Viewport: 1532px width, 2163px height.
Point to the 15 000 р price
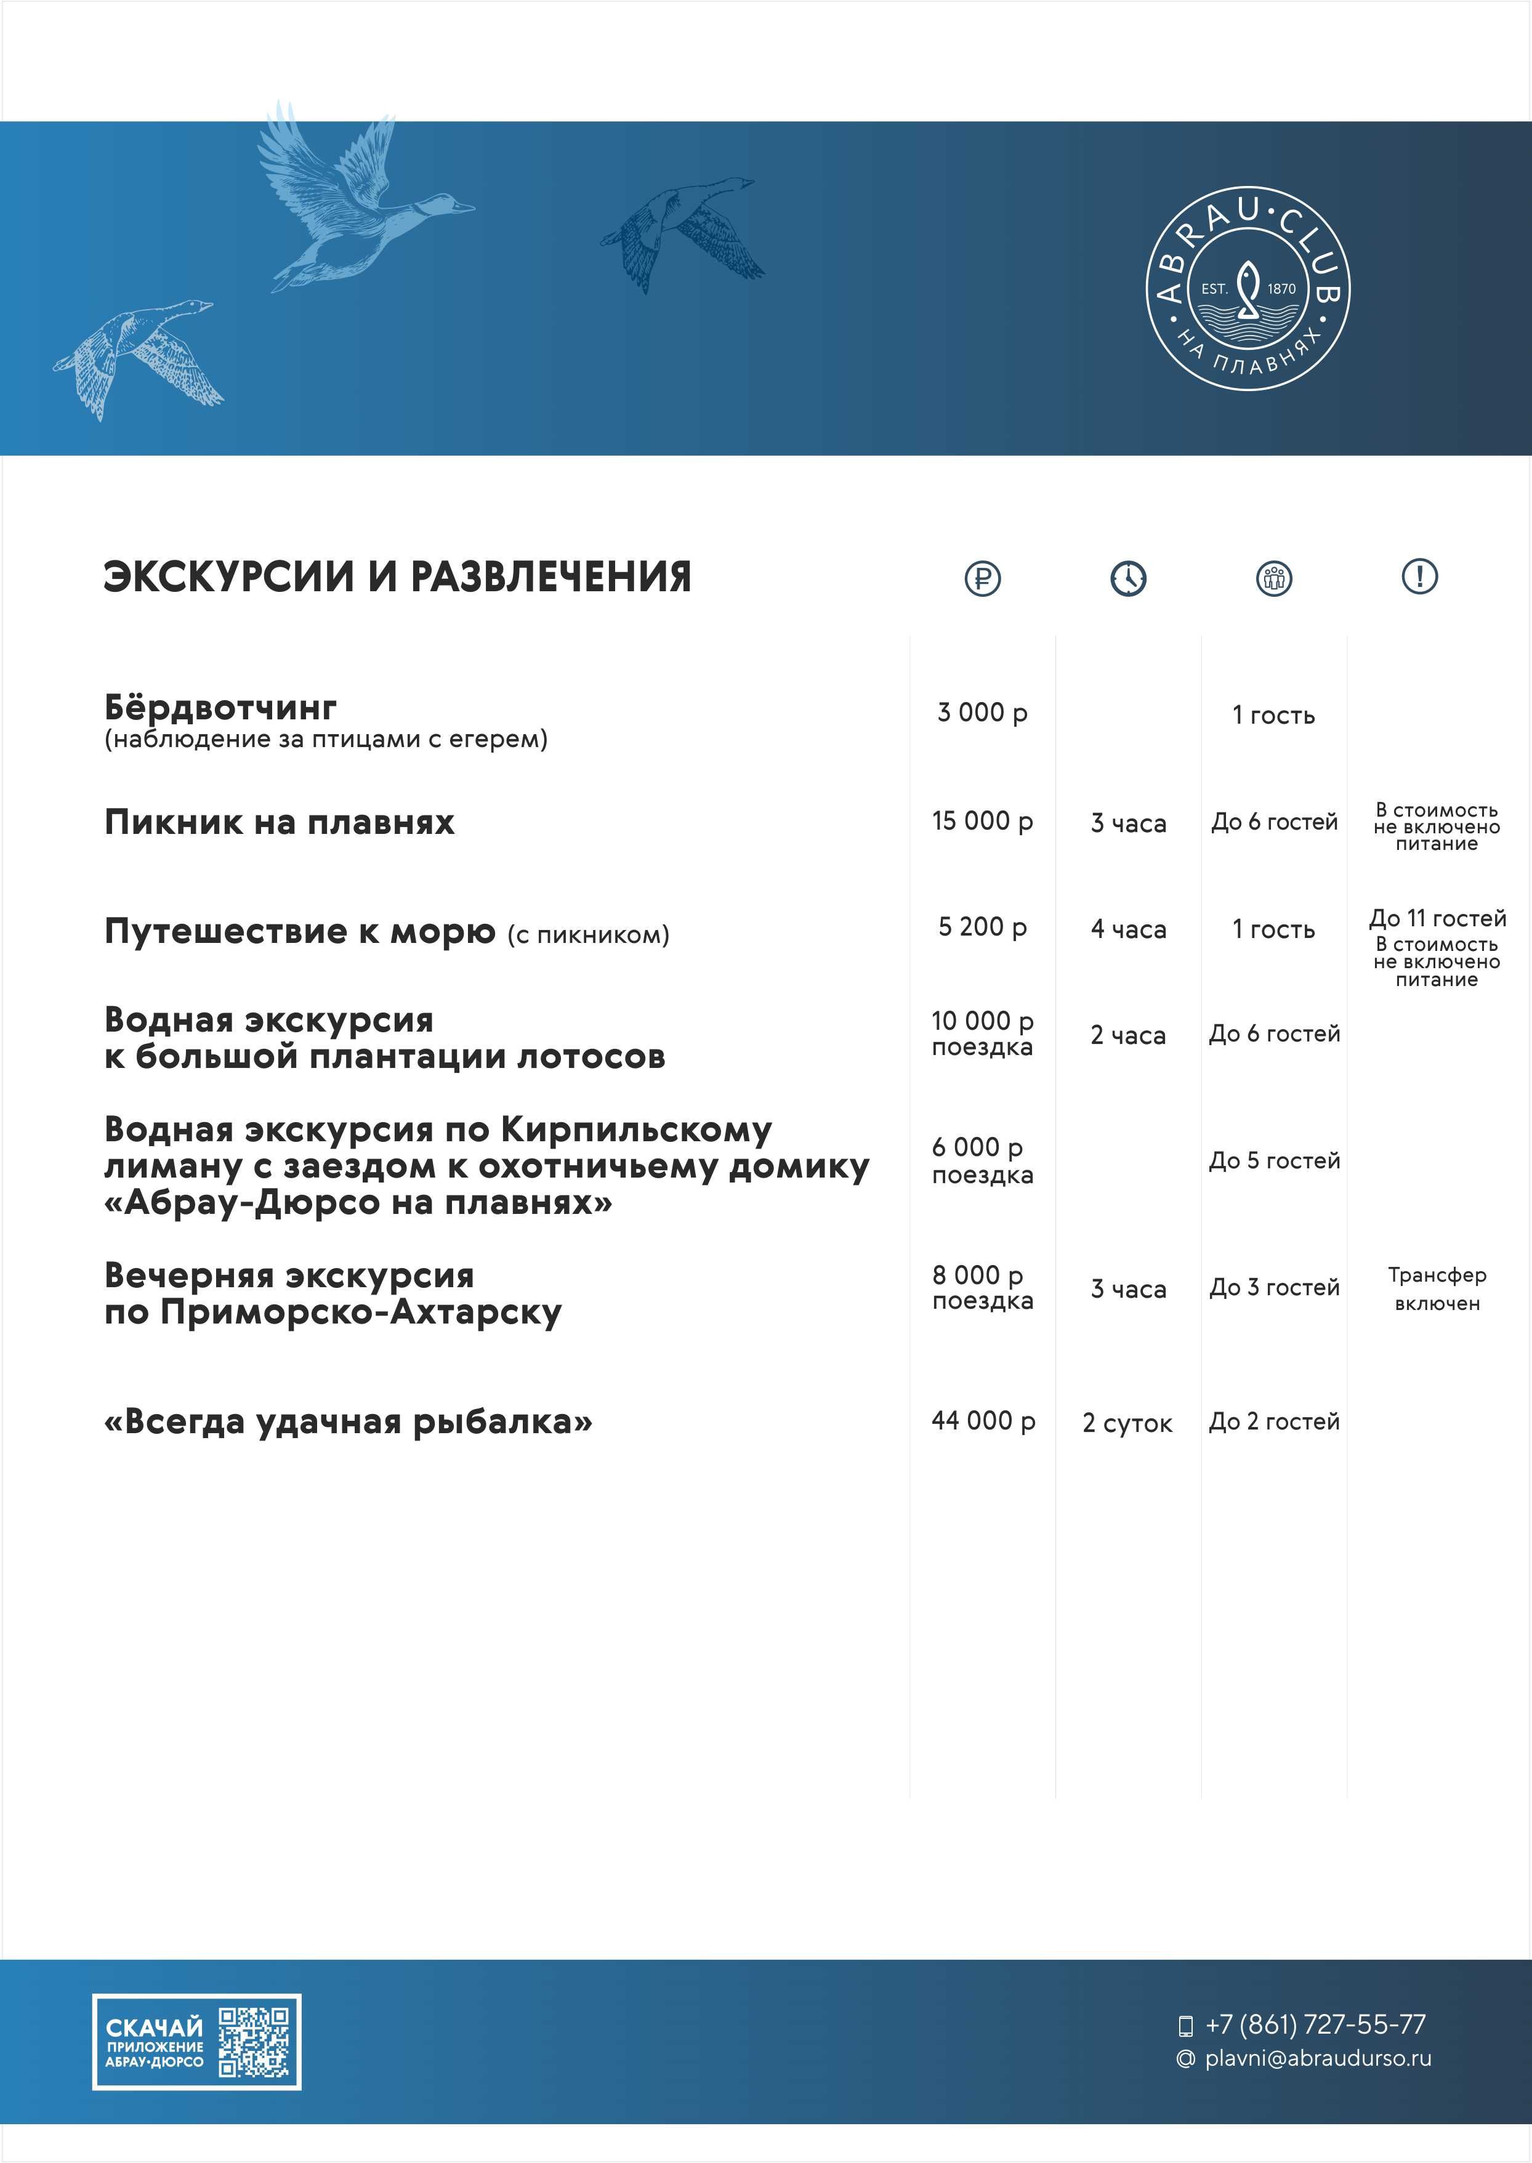tap(982, 822)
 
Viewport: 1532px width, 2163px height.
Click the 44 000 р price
tap(983, 1421)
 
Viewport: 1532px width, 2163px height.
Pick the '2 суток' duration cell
tap(1127, 1423)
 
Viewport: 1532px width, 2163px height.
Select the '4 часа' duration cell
tap(1128, 930)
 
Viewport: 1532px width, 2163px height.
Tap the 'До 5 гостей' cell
tap(1275, 1161)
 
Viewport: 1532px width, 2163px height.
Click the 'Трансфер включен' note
tap(1437, 1288)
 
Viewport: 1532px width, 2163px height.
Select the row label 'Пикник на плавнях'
tap(279, 823)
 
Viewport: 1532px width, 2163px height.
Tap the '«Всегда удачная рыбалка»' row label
tap(348, 1421)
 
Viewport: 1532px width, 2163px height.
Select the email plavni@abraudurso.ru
tap(1317, 2058)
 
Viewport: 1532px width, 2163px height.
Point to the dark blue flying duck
tap(681, 231)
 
